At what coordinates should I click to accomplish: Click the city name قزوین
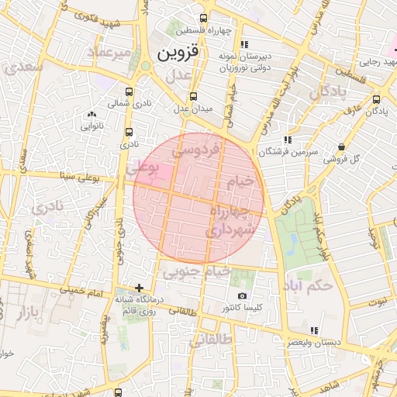[x=179, y=54]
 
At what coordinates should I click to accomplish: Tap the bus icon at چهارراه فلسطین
[x=203, y=19]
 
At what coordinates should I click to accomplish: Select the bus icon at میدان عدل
[x=193, y=97]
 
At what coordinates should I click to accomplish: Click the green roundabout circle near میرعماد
[x=145, y=67]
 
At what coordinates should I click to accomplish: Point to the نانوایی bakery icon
[x=91, y=113]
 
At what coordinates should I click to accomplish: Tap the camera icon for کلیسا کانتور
[x=242, y=296]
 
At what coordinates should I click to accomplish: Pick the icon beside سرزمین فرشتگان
[x=288, y=140]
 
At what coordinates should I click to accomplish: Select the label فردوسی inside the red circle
[x=199, y=147]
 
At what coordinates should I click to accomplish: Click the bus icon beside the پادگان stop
[x=377, y=99]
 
